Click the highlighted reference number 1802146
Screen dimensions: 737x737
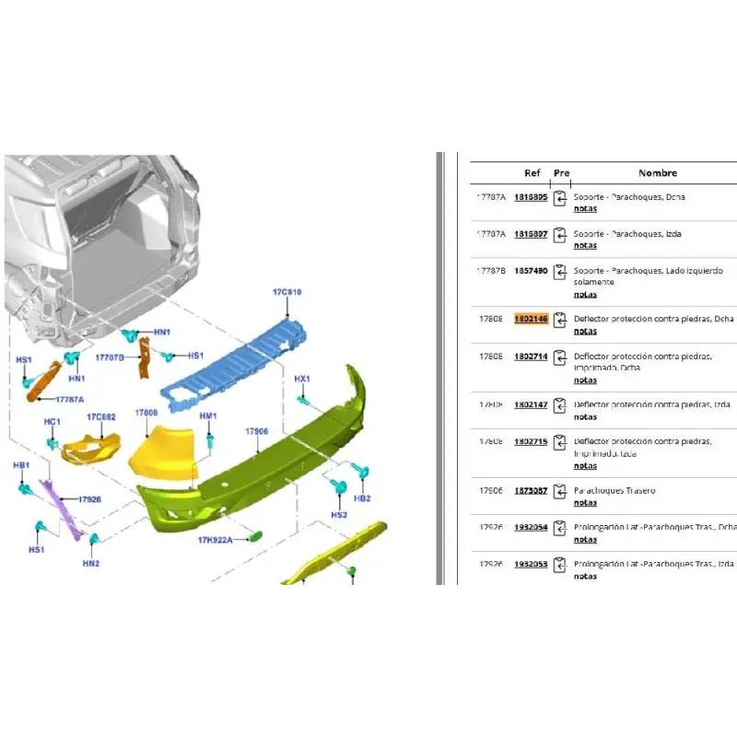tap(531, 319)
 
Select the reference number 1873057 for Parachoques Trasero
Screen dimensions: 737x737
tap(531, 491)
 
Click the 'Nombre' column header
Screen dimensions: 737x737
tap(657, 173)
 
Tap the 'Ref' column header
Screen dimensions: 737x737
tap(532, 173)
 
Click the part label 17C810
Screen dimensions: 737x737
tap(287, 292)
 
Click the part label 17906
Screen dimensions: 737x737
tap(256, 431)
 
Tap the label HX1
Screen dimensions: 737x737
tap(302, 379)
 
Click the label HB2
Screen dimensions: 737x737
tap(362, 498)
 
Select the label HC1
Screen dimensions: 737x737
tap(53, 422)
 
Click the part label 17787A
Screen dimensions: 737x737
tap(69, 400)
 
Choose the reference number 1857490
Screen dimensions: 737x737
tap(531, 271)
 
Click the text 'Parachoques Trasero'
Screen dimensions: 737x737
tap(614, 491)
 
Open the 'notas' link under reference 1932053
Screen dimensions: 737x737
tap(585, 577)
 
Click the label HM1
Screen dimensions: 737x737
tap(208, 416)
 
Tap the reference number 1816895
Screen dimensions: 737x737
tap(531, 197)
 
